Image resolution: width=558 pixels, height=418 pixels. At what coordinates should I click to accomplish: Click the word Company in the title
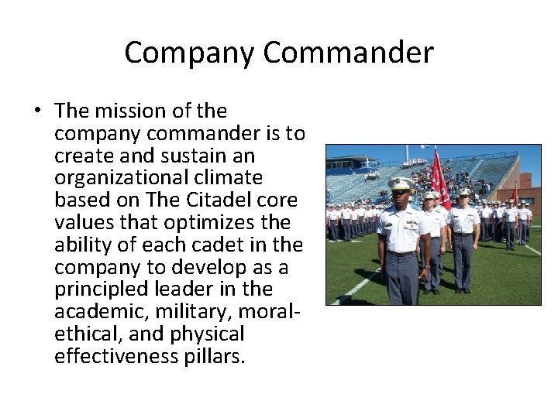(x=189, y=53)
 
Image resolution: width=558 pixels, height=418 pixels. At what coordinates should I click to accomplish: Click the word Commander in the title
(x=347, y=53)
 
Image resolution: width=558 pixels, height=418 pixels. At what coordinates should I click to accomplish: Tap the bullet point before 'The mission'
(x=36, y=111)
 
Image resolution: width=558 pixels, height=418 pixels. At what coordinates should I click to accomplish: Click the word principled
(x=98, y=290)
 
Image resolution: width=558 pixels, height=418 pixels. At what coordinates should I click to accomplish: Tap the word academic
(x=96, y=312)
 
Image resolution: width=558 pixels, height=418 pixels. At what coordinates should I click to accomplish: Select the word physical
(x=208, y=334)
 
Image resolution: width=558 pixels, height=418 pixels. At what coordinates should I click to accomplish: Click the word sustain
(x=186, y=155)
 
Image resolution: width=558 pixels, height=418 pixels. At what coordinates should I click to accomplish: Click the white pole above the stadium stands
(x=405, y=152)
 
